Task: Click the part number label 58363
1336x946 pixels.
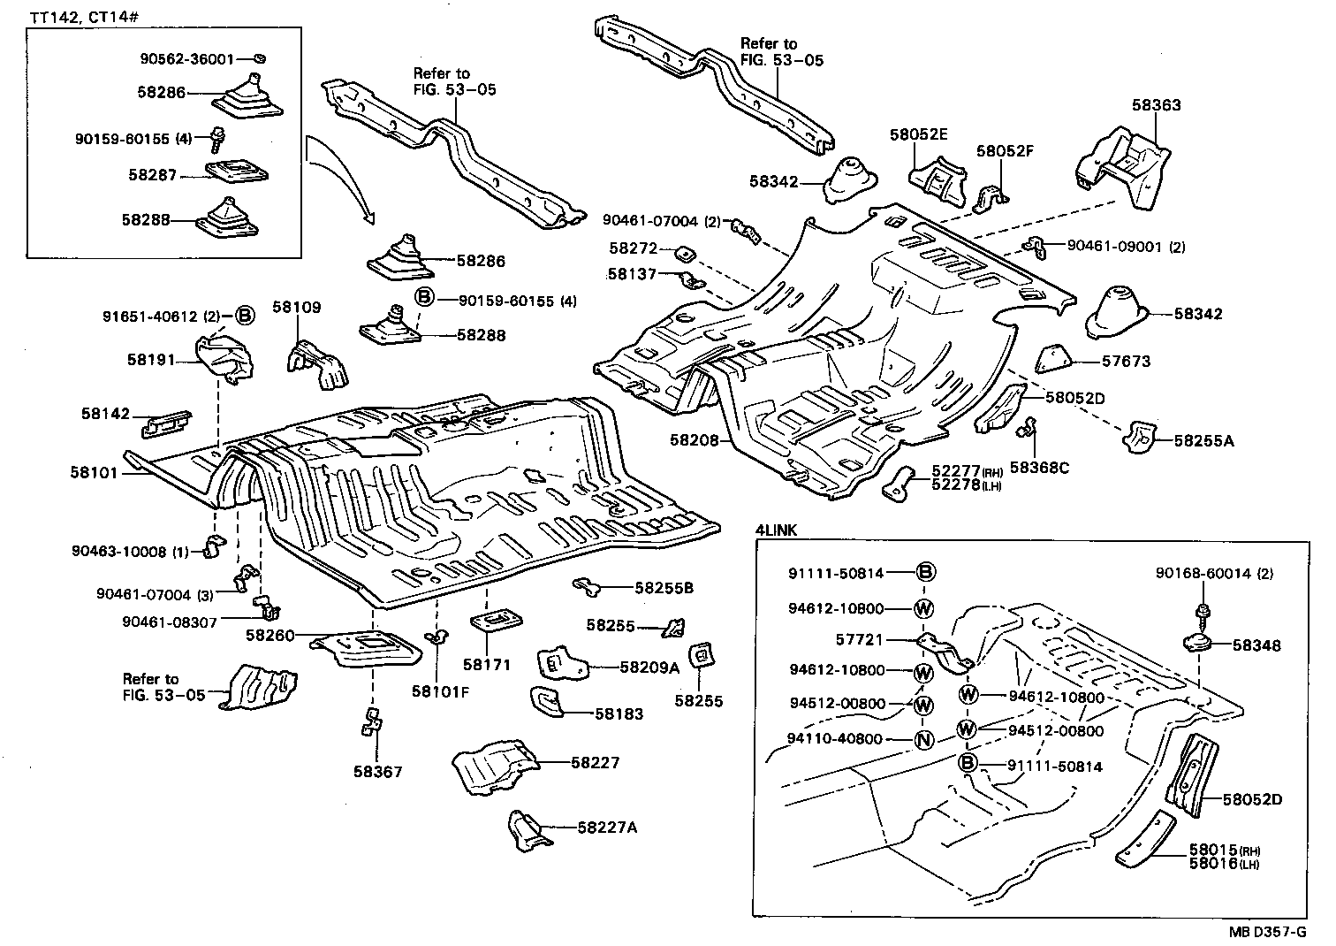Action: [1156, 105]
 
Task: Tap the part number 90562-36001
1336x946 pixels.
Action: [186, 59]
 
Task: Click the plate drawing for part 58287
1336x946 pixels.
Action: [236, 172]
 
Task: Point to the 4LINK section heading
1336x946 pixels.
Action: [778, 530]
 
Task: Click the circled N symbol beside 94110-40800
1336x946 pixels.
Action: [923, 739]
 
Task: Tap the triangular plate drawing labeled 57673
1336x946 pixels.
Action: [1053, 358]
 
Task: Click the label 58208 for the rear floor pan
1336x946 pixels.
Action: [694, 439]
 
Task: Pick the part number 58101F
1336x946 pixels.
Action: [439, 691]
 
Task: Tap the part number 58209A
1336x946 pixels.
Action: [649, 668]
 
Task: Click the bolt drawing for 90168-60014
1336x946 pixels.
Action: [1203, 611]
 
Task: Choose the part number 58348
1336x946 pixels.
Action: [1256, 646]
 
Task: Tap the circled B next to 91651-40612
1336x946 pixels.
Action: [245, 316]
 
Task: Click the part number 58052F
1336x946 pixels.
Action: [1005, 151]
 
